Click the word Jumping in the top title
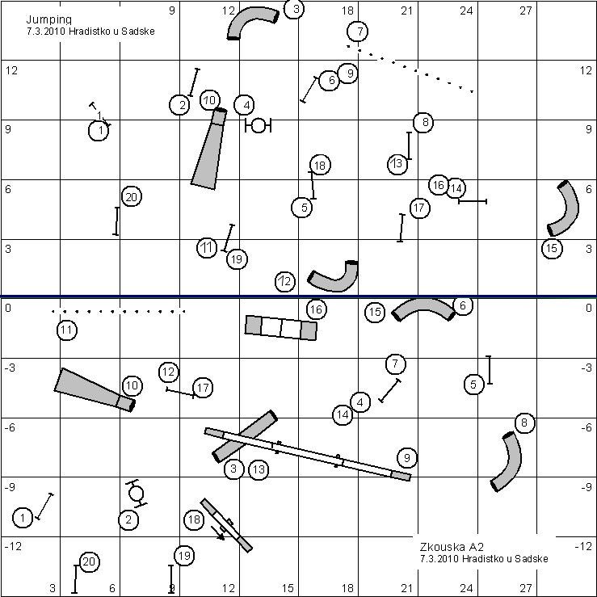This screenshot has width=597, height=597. [48, 20]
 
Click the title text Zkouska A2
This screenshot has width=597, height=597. [452, 547]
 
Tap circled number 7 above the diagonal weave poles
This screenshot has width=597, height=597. [358, 32]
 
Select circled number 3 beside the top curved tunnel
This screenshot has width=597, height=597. [294, 8]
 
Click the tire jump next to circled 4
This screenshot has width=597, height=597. [259, 125]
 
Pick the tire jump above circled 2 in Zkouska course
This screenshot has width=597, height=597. [136, 493]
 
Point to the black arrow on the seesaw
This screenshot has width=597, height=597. [218, 533]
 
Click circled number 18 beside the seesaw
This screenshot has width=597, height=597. [194, 519]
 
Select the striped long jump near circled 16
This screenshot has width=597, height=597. [281, 327]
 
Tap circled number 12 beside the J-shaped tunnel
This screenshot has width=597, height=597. [285, 282]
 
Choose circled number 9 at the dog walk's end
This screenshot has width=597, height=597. [407, 458]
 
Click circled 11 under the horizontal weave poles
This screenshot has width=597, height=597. [66, 330]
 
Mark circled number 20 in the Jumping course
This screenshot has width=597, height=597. [132, 197]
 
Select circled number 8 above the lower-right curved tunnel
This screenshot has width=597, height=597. [524, 423]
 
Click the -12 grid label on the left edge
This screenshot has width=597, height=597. [13, 546]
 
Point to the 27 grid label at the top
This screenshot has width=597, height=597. [525, 11]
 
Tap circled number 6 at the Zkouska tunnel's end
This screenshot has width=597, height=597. [463, 305]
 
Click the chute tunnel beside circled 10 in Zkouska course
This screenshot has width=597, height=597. [95, 390]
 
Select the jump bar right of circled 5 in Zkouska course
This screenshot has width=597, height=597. [489, 370]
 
